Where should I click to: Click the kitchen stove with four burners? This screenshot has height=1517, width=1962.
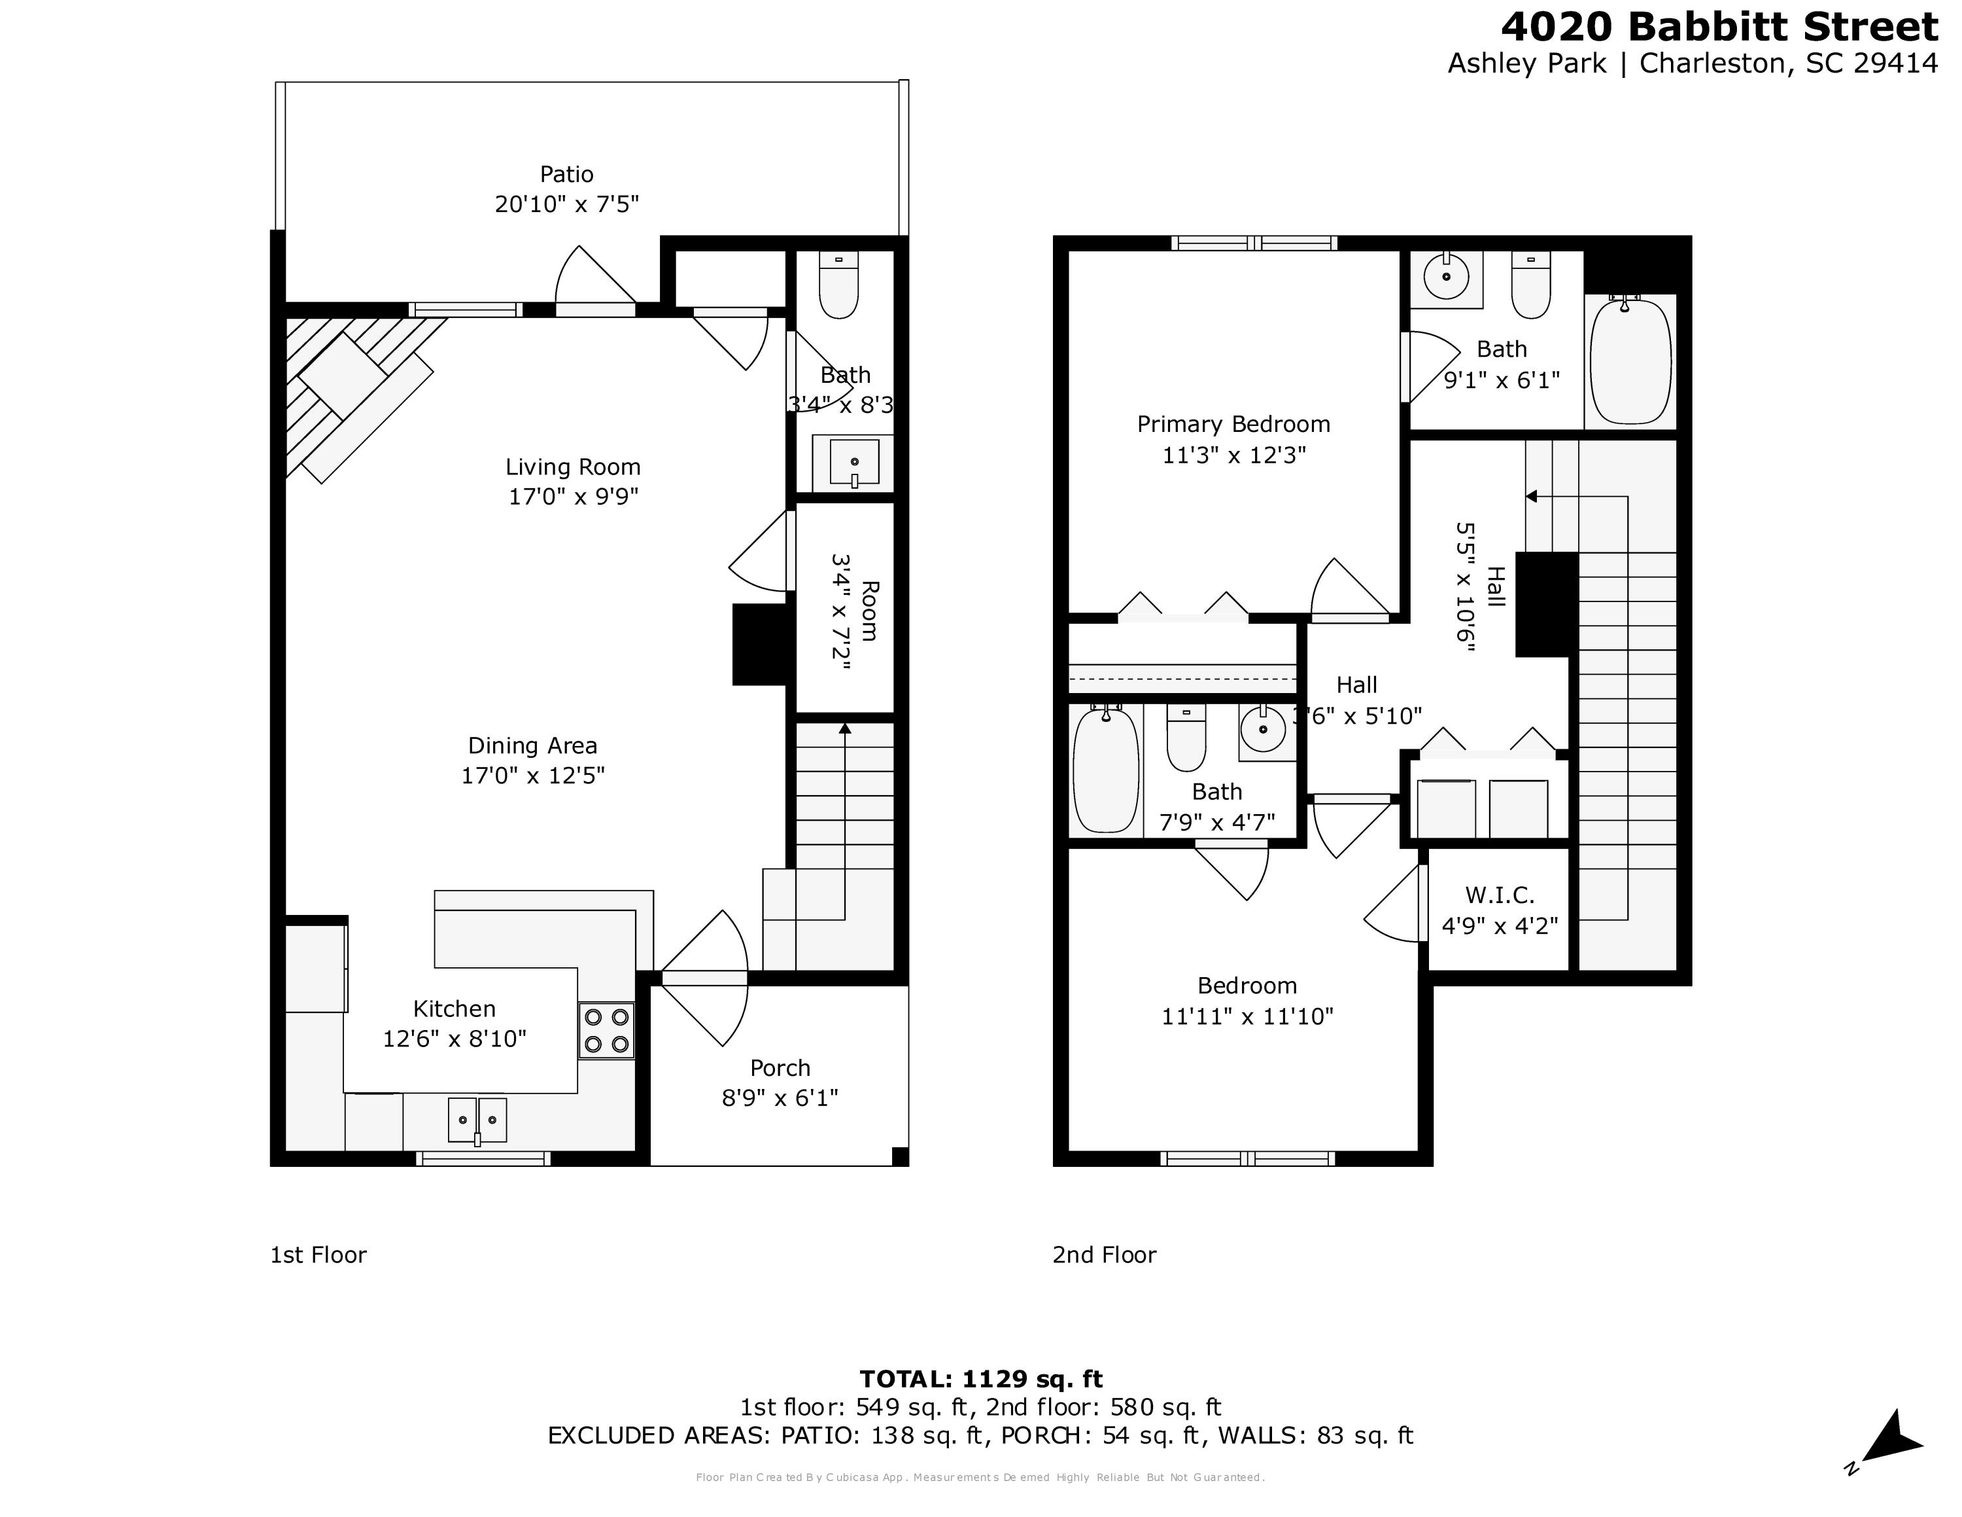pyautogui.click(x=606, y=1031)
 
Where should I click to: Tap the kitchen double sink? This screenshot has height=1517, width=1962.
pyautogui.click(x=477, y=1120)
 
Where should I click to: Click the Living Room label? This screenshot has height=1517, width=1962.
pyautogui.click(x=572, y=467)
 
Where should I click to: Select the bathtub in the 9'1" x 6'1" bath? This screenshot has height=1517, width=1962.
pyautogui.click(x=1630, y=361)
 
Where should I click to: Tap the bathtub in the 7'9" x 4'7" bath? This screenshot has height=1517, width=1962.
pyautogui.click(x=1106, y=770)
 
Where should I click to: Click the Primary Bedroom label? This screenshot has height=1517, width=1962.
pyautogui.click(x=1233, y=424)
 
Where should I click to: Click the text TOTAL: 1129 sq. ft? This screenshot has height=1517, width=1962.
pyautogui.click(x=980, y=1379)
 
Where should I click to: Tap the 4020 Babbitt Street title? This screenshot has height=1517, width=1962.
pyautogui.click(x=1719, y=27)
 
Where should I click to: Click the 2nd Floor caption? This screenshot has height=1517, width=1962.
pyautogui.click(x=1104, y=1255)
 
